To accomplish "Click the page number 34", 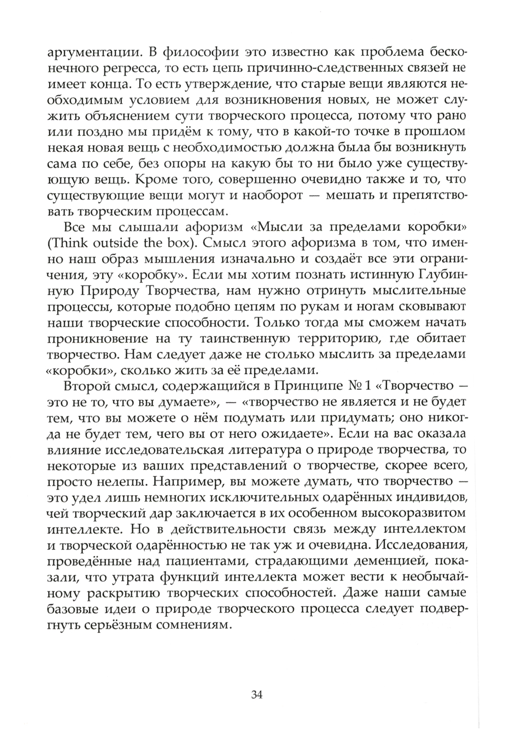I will click(x=256, y=694).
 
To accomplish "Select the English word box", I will click(x=179, y=243).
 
